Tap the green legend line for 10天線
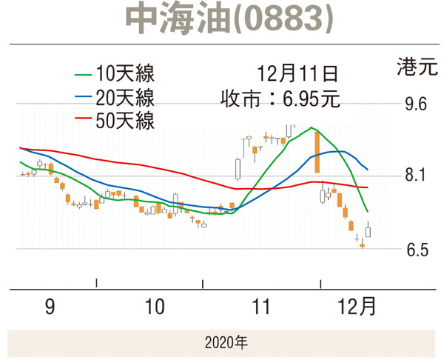[x=84, y=75]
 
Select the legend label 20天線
[x=125, y=97]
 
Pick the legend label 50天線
[x=125, y=119]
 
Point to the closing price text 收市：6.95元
[x=280, y=97]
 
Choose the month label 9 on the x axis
[x=50, y=307]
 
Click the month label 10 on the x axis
[x=154, y=307]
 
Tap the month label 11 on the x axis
[x=261, y=307]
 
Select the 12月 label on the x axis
[x=360, y=307]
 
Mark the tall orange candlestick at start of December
[x=317, y=152]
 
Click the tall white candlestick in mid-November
[x=238, y=169]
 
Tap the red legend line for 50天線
[x=84, y=119]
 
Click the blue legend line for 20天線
[x=84, y=97]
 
